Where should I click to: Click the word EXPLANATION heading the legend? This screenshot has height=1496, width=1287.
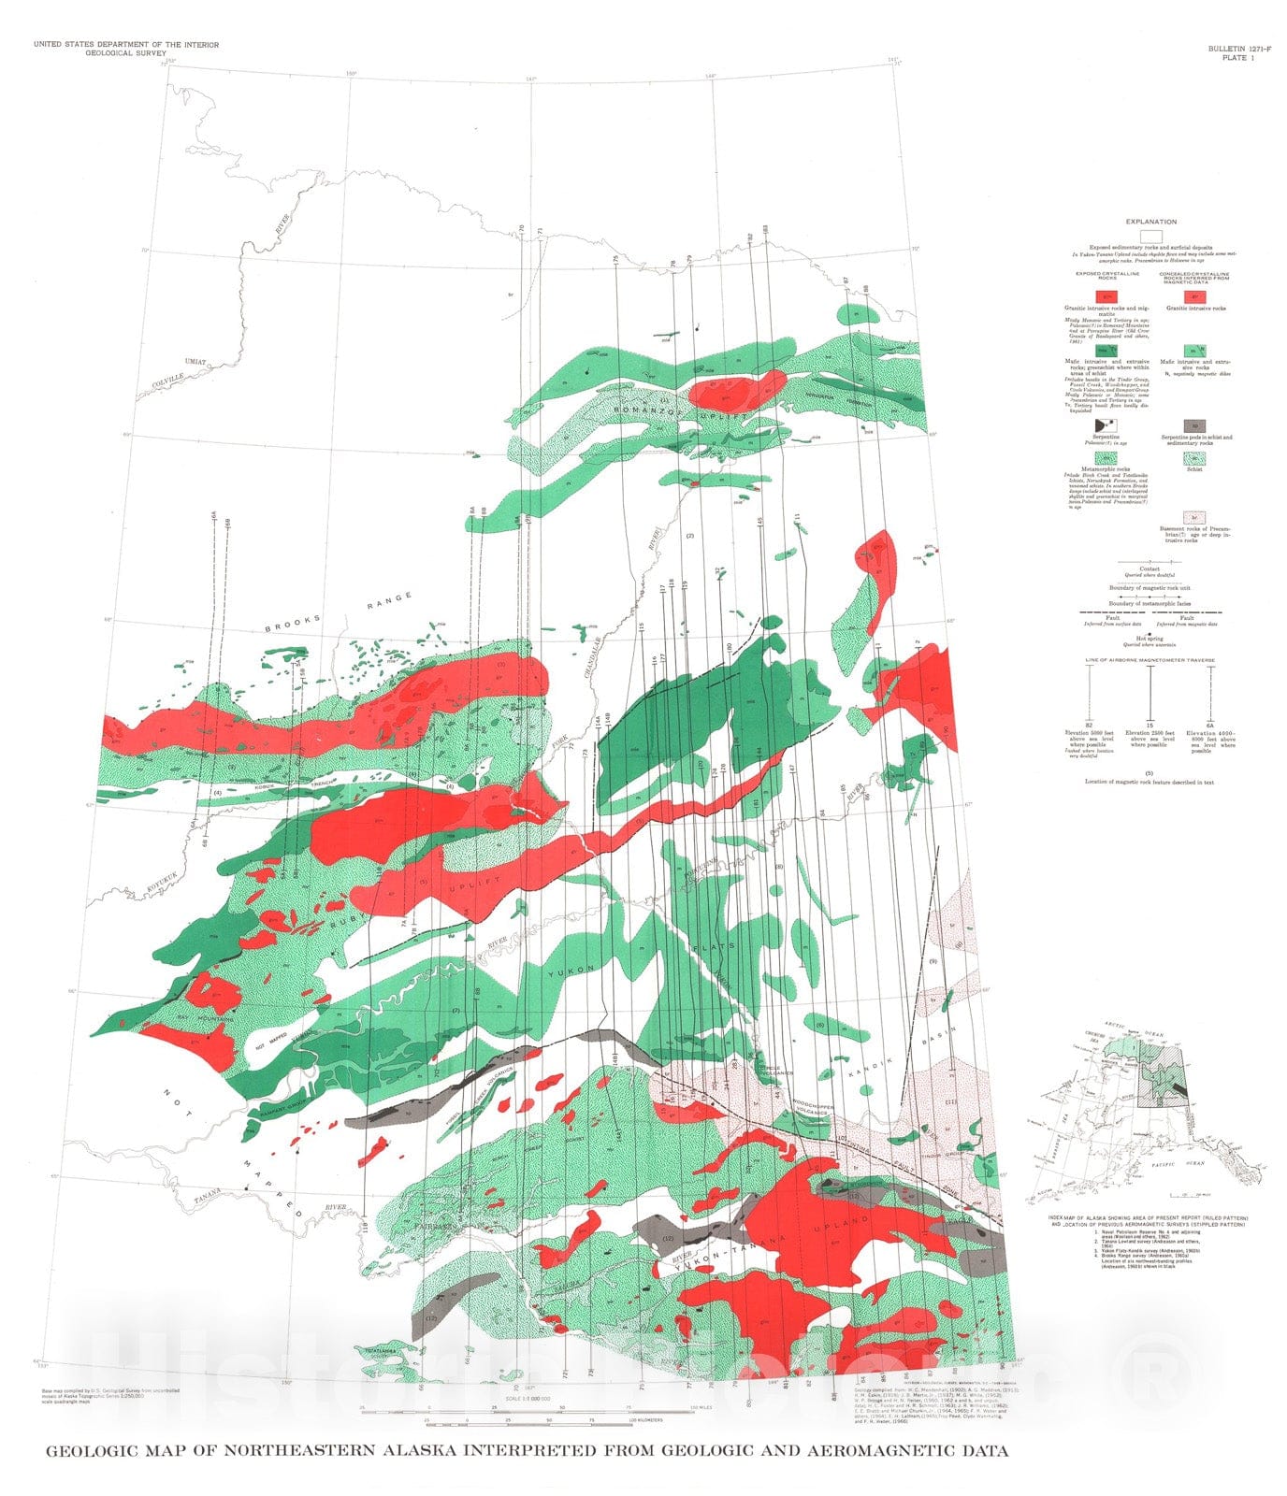[x=1151, y=222]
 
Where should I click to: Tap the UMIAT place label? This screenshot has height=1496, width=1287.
[x=195, y=361]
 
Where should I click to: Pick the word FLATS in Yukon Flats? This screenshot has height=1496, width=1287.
[x=720, y=946]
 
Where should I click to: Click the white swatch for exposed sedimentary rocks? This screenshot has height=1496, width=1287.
[x=1151, y=235]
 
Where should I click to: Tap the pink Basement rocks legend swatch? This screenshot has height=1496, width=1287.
[x=1193, y=516]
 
